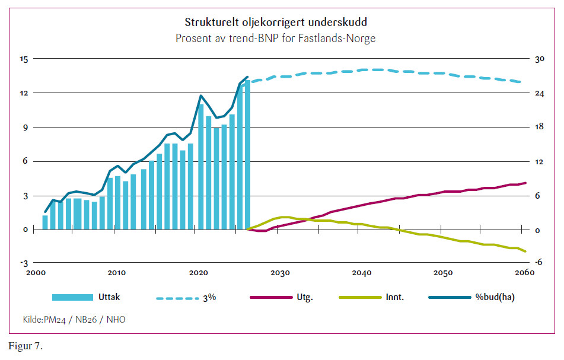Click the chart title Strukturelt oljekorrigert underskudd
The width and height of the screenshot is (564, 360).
point(275,23)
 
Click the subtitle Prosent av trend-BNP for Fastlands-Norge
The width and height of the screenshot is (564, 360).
point(275,38)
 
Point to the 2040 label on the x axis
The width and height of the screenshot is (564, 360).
point(361,273)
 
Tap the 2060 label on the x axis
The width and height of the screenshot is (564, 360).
point(524,273)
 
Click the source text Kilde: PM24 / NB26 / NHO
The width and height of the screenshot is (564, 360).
point(74,320)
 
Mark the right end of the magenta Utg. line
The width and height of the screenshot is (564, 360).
point(525,183)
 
